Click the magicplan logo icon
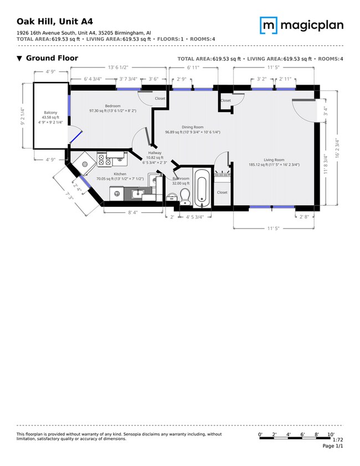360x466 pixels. [x=269, y=25]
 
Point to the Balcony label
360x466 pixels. [x=50, y=112]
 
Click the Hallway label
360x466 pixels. [x=155, y=153]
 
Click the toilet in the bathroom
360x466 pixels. [x=185, y=194]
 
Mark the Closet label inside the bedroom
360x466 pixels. [x=160, y=98]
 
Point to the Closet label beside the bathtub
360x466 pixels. [x=222, y=192]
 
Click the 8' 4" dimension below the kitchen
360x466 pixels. [x=133, y=212]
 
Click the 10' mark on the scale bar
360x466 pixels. [x=331, y=434]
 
